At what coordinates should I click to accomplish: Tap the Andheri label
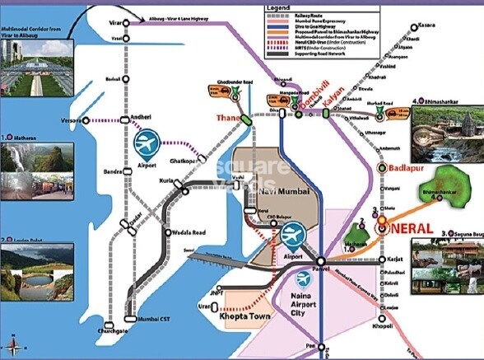[142, 119]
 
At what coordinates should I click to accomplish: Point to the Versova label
[72, 120]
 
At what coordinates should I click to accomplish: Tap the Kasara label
[426, 26]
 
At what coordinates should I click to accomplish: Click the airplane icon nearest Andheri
[146, 145]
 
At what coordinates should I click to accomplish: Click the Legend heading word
[278, 8]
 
